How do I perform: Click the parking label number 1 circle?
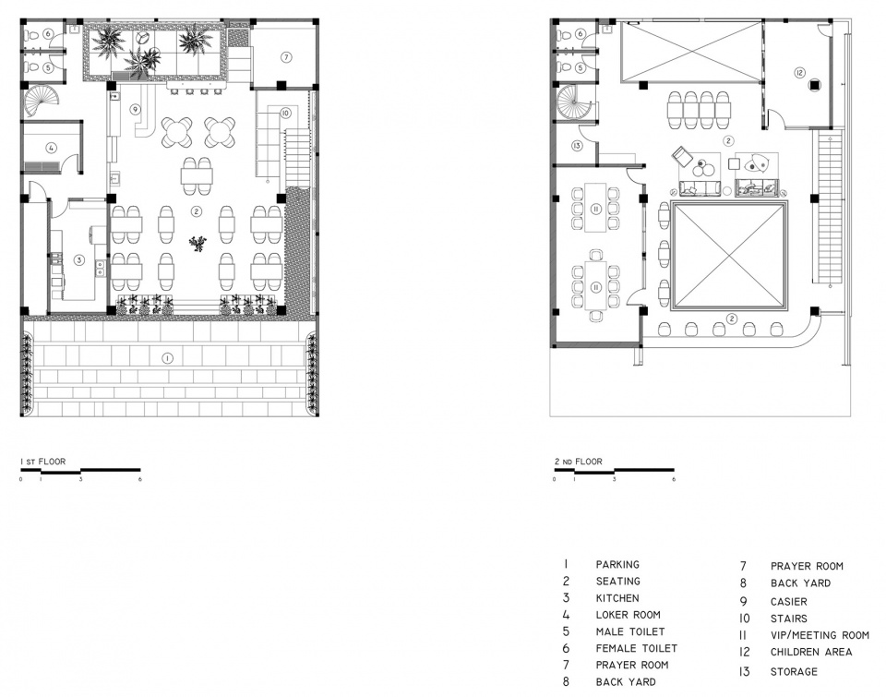pos(167,358)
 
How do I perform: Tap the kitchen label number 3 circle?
pos(79,260)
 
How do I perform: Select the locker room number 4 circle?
pos(52,148)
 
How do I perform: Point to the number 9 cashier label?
pos(136,109)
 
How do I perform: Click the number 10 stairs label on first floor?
pos(285,114)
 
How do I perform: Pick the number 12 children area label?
pos(798,72)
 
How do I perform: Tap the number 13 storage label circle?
pos(576,146)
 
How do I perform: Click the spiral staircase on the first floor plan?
pos(42,101)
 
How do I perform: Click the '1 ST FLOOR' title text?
pos(43,462)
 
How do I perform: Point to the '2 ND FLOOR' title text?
pos(579,462)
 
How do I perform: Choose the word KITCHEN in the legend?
pos(617,598)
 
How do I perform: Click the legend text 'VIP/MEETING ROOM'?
pos(820,635)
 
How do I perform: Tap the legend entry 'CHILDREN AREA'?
pos(811,652)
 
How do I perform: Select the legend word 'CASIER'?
pos(789,602)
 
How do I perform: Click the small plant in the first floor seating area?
pos(198,244)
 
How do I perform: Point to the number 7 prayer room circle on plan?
pos(286,57)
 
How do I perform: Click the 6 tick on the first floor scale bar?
pos(139,479)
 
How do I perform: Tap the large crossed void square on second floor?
pos(728,255)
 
